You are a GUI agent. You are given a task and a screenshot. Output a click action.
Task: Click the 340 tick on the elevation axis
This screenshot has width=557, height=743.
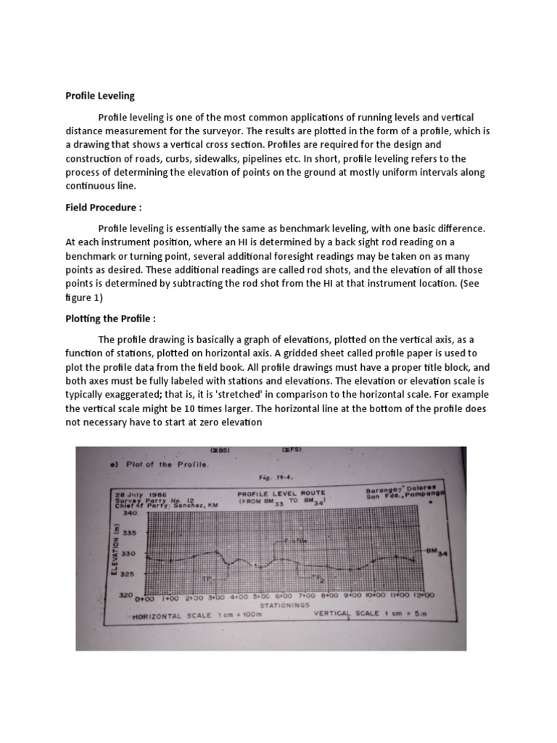pos(131,512)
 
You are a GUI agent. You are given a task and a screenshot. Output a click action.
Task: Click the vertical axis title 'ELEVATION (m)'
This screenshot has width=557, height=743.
pos(116,553)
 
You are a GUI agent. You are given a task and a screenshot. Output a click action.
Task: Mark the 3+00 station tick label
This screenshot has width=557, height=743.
pos(215,597)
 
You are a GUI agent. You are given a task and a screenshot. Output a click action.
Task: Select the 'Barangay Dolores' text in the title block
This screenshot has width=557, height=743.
pos(400,490)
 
